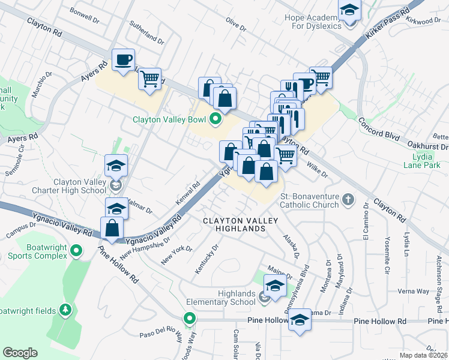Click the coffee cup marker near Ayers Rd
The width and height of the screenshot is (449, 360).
[x=124, y=60]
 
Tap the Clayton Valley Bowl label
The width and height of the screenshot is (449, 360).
[x=169, y=119]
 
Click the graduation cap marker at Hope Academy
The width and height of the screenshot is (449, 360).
[x=349, y=11]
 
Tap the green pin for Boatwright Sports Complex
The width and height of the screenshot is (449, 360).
[x=76, y=250]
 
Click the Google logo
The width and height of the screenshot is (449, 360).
[x=20, y=353]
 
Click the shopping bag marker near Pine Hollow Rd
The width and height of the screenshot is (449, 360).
[x=112, y=229]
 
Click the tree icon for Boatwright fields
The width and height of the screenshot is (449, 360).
[x=65, y=310]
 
